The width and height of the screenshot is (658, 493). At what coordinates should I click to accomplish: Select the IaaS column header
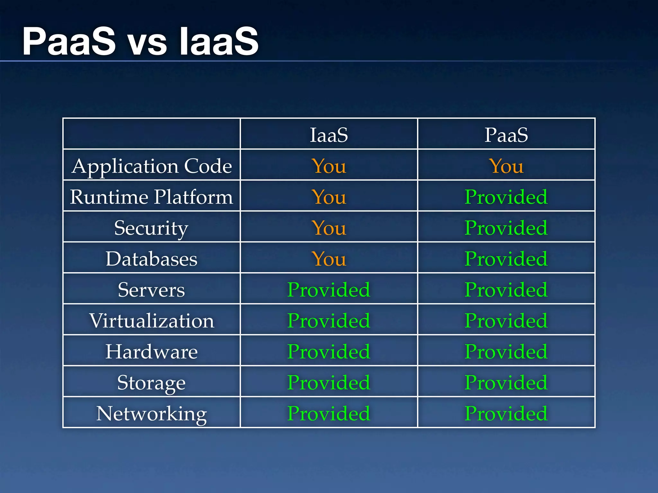point(329,134)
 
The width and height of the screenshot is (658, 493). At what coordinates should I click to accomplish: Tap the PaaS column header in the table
point(506,134)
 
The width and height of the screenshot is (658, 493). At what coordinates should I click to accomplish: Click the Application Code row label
point(152,166)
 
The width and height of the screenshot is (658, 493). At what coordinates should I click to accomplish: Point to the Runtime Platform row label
point(152,197)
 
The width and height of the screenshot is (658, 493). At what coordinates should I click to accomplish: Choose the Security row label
point(152,228)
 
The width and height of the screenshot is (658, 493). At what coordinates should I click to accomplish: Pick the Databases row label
point(152,259)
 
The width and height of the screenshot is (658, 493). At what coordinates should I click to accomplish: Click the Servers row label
point(152,290)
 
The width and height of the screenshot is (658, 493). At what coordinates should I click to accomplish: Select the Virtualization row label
point(152,321)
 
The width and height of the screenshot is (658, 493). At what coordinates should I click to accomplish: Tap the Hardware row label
point(152,351)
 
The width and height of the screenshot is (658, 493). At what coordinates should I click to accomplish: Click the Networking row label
point(152,413)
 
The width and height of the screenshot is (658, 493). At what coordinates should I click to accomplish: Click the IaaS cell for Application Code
point(329,166)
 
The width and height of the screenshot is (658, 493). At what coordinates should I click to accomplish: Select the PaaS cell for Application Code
point(506,166)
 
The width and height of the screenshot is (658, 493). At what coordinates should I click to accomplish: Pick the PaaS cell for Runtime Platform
point(506,197)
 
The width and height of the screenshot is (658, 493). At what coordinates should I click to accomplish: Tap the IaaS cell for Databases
point(329,259)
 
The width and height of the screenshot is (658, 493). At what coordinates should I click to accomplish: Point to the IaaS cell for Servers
point(329,290)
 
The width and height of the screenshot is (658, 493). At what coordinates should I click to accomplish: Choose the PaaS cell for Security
point(506,228)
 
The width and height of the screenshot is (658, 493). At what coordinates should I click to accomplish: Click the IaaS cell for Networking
point(329,413)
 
